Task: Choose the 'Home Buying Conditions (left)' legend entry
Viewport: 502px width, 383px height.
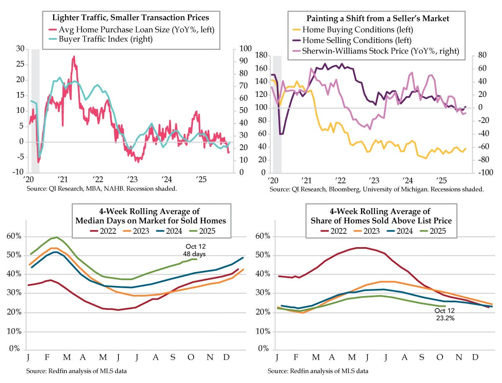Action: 357,30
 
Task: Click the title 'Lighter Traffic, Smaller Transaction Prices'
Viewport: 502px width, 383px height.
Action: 130,18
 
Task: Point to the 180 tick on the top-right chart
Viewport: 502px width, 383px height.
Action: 261,56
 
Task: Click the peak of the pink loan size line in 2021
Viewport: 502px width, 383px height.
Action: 74,56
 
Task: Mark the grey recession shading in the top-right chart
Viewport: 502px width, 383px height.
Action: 277,113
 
